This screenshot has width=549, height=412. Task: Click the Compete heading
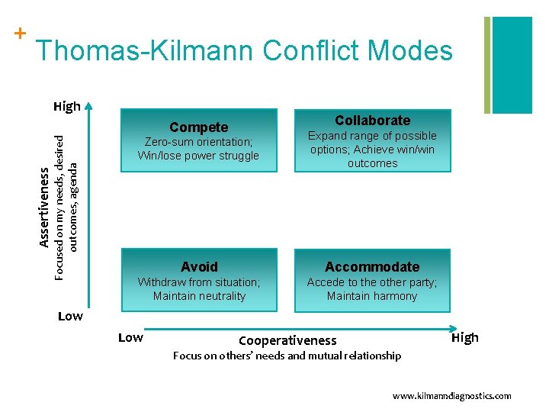pos(198,127)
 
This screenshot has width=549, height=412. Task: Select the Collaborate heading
pos(372,121)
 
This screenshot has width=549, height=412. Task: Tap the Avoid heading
pos(199,266)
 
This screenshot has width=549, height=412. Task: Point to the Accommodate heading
pos(372,266)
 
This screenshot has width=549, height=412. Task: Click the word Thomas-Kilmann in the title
pos(145,51)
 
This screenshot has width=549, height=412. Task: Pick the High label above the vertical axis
pos(67,106)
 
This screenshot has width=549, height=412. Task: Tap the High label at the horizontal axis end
pos(465,337)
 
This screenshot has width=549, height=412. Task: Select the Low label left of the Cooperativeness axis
pos(130,337)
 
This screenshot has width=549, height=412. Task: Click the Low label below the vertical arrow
pos(70,316)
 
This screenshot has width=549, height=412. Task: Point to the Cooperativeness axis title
pos(287,340)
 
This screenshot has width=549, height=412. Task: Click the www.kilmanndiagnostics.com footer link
pos(451,396)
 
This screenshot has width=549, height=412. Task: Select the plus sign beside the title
pos(20,34)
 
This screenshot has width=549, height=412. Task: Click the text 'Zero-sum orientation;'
pos(199,142)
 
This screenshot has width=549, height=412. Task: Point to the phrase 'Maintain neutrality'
pos(199,296)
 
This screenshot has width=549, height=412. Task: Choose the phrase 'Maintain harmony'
pos(372,296)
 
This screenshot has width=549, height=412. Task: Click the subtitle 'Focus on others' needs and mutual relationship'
pos(287,356)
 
